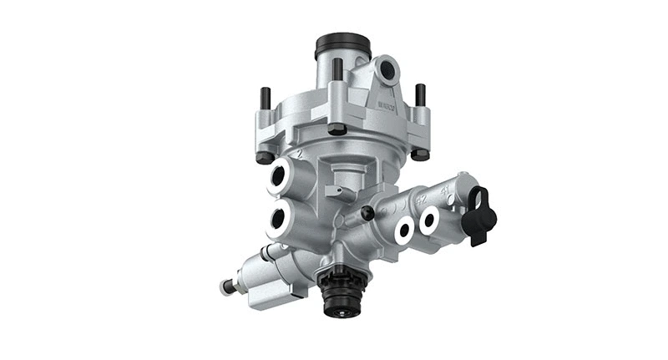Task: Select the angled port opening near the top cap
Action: pyautogui.click(x=386, y=70)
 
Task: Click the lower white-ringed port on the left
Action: pyautogui.click(x=280, y=221)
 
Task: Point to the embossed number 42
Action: pyautogui.click(x=421, y=198)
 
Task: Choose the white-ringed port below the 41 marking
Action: pyautogui.click(x=430, y=220)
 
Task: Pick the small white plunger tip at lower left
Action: pyautogui.click(x=225, y=287)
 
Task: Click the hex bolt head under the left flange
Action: pyautogui.click(x=264, y=158)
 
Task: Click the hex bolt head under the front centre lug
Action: pyautogui.click(x=337, y=129)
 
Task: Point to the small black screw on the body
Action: pyautogui.click(x=365, y=215)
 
